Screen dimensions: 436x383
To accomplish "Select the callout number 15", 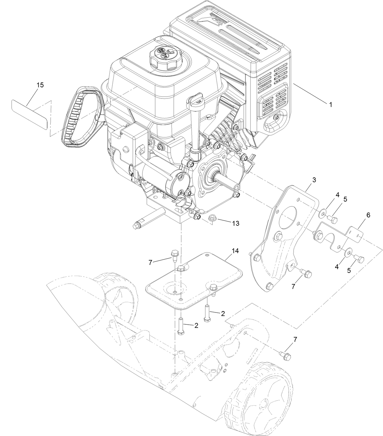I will (x=40, y=85).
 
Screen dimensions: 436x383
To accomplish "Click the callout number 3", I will (x=314, y=180).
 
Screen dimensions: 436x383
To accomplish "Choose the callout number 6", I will (x=368, y=215).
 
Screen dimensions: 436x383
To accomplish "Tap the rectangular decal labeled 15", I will (x=30, y=114).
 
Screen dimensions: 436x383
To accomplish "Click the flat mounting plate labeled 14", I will (x=195, y=281).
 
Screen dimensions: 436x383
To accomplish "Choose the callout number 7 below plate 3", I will (x=293, y=286).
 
